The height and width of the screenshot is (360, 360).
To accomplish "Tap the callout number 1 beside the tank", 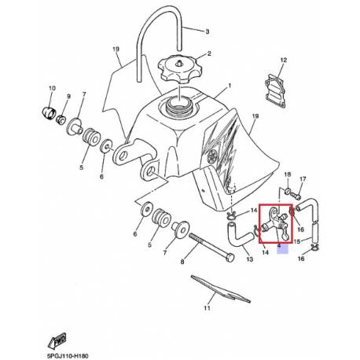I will [230, 85].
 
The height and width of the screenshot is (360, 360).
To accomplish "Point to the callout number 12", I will [284, 60].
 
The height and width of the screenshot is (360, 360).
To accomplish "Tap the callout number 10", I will [52, 87].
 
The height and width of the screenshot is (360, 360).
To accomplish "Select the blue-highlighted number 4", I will [279, 246].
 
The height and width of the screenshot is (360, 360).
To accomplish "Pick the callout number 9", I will [68, 96].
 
